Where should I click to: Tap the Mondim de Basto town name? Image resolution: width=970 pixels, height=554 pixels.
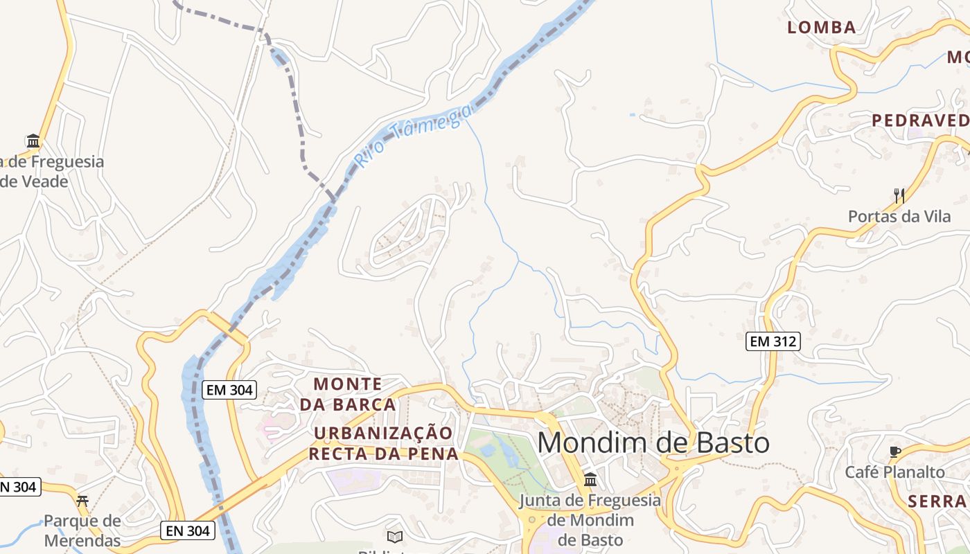click(653, 443)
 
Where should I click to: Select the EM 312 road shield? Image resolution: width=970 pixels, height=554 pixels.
click(773, 341)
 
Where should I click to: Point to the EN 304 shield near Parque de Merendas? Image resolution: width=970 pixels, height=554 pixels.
click(188, 531)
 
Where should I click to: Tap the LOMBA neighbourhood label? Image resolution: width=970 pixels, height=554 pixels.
click(822, 28)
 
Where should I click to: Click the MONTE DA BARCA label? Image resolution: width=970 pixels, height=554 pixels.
click(348, 394)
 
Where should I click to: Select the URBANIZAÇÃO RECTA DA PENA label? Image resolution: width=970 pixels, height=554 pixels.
click(383, 443)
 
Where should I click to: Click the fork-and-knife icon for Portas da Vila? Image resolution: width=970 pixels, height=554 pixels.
click(899, 195)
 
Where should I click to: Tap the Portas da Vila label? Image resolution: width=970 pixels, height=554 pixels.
click(899, 217)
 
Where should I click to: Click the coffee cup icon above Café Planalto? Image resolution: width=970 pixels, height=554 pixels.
click(894, 452)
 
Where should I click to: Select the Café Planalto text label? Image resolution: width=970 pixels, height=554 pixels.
click(894, 472)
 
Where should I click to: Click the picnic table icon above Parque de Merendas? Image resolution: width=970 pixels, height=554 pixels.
click(82, 501)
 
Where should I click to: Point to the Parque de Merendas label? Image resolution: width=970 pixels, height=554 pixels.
click(82, 530)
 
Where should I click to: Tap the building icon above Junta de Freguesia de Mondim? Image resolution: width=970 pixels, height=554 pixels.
click(590, 479)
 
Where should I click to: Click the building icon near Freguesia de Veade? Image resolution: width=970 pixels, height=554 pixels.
click(33, 141)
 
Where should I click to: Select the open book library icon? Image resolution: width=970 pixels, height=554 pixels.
click(395, 536)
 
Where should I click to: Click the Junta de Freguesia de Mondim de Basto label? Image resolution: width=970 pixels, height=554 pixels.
click(590, 519)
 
